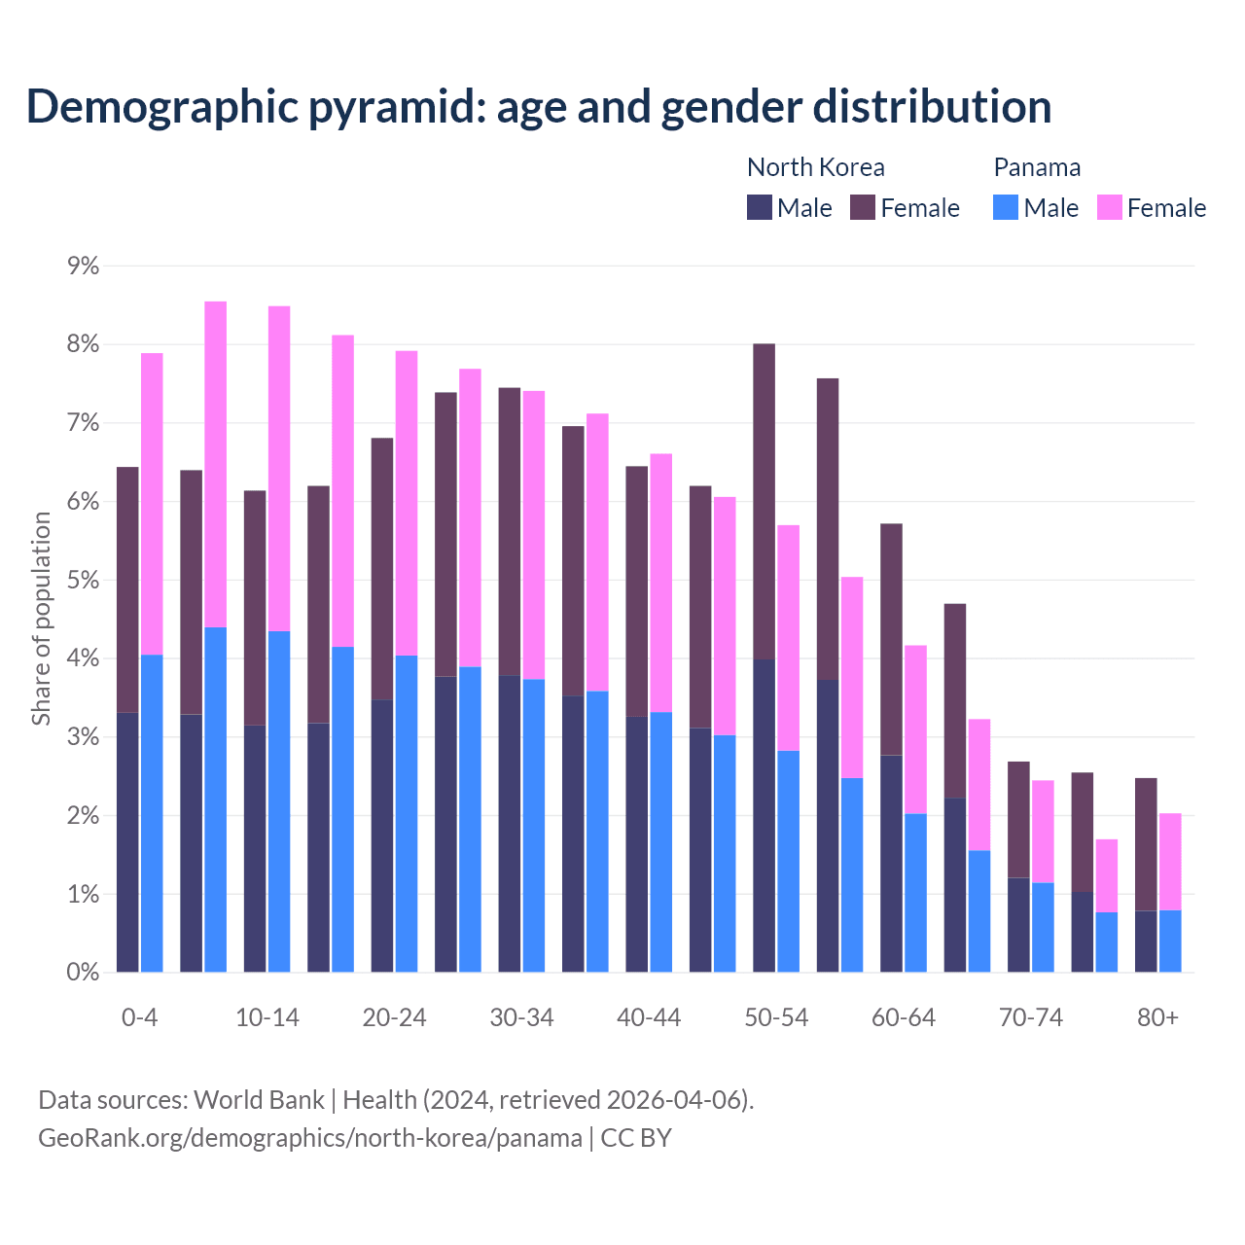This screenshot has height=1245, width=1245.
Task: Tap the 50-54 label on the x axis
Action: click(x=776, y=1017)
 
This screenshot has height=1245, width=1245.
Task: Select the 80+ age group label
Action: click(x=1157, y=1017)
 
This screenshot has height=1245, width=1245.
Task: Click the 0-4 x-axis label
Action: click(x=139, y=1017)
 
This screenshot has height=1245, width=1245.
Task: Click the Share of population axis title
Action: click(x=41, y=619)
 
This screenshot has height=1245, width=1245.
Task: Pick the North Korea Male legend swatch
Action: click(x=760, y=207)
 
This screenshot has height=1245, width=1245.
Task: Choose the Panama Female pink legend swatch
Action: click(x=1109, y=207)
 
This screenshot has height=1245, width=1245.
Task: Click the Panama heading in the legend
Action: click(x=1037, y=167)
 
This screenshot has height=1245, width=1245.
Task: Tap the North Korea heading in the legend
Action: click(x=815, y=167)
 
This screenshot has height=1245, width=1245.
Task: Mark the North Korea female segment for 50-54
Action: click(x=765, y=501)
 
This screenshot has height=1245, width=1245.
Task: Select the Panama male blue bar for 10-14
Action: click(x=279, y=801)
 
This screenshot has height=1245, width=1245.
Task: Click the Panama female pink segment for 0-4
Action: click(x=152, y=504)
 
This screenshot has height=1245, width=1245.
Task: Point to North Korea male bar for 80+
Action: click(x=1146, y=941)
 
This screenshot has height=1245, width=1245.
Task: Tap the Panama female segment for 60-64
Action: click(x=915, y=729)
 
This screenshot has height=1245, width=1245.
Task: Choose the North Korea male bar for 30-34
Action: click(x=510, y=823)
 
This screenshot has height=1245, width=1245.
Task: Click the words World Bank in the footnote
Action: click(x=259, y=1100)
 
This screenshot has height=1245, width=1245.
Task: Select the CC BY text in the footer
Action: click(x=636, y=1138)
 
